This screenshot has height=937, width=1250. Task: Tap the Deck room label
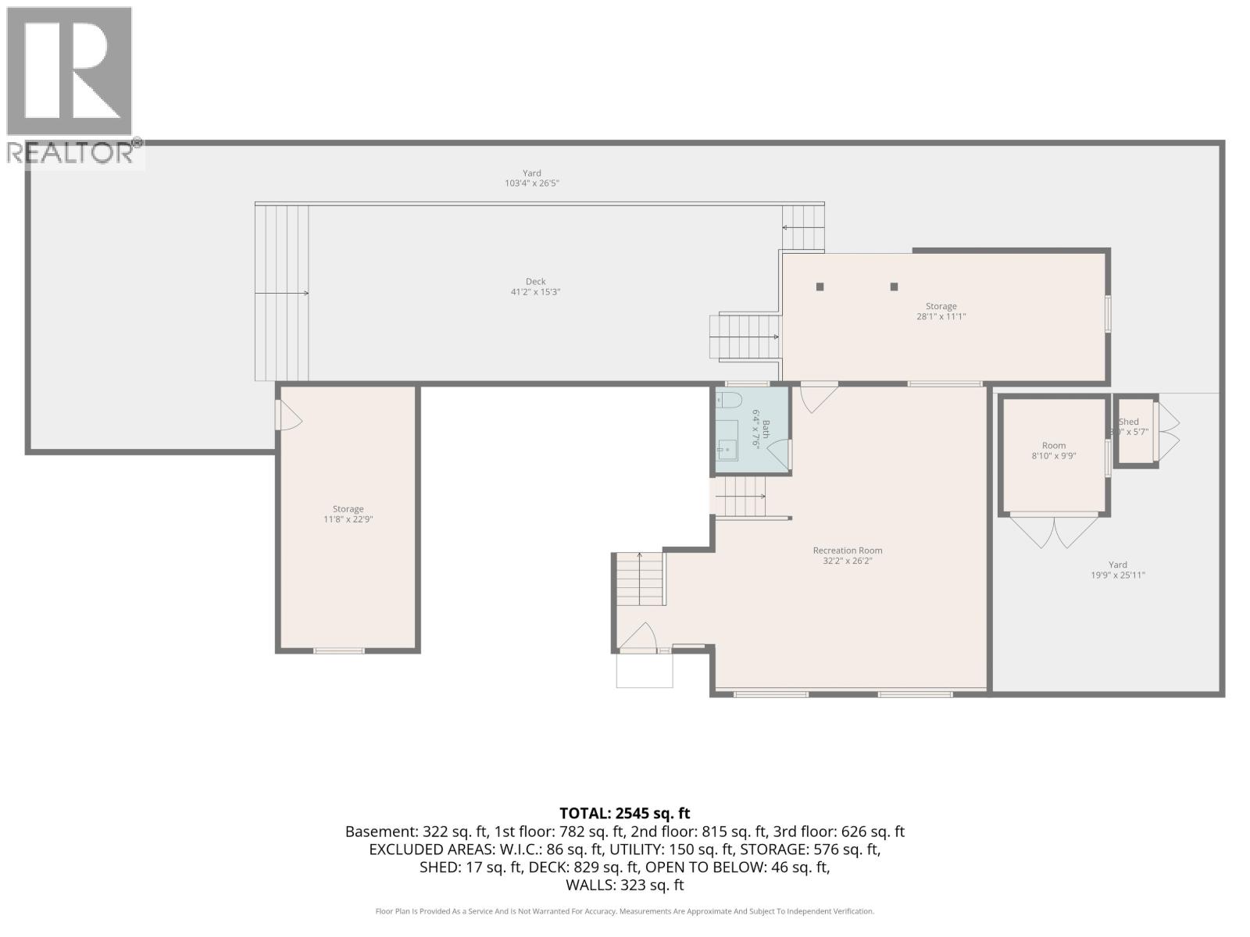(535, 281)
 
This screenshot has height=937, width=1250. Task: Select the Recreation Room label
(847, 550)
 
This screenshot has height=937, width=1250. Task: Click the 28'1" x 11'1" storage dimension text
(941, 317)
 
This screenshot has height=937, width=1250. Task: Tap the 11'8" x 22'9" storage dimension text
(348, 519)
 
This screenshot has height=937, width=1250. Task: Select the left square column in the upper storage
(820, 287)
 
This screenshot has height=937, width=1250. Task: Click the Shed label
(1129, 422)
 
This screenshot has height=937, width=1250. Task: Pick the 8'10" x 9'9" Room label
(1053, 446)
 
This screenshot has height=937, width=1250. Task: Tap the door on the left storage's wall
(287, 415)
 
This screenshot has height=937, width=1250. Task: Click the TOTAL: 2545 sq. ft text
(624, 814)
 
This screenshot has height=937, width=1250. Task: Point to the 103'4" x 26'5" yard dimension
(531, 183)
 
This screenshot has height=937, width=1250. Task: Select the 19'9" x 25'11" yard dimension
(1117, 575)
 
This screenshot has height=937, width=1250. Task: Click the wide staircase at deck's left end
(282, 293)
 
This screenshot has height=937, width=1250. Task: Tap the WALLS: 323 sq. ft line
(624, 885)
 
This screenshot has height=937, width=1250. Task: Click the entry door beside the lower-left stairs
(639, 637)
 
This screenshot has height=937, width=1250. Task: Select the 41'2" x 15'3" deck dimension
(535, 292)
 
